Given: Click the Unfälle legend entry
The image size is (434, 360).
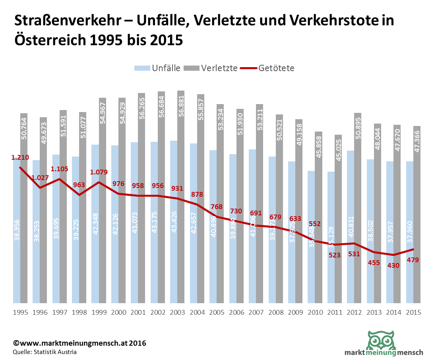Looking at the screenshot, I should tap(157, 68).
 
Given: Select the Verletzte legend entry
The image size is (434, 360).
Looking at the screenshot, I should tap(212, 68).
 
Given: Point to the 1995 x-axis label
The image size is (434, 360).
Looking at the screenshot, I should tap(20, 312).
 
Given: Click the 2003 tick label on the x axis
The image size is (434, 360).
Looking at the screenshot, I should tap(178, 312).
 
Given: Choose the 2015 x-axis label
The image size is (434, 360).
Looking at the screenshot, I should tap(413, 312).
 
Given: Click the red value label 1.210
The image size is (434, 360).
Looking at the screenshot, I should tap(20, 158).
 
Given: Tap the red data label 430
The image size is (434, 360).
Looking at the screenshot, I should tap(393, 265).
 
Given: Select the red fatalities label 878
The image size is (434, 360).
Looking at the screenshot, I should tap(197, 195).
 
